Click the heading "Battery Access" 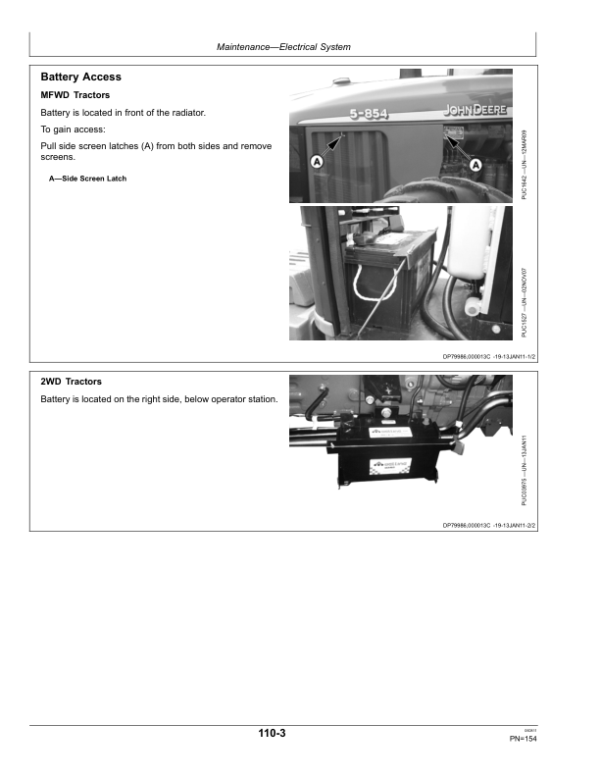[81, 76]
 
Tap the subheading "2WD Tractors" [72, 382]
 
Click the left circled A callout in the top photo [318, 160]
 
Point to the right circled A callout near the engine [475, 165]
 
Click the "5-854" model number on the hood [365, 115]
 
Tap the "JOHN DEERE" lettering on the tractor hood [475, 109]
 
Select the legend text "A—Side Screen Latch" [87, 179]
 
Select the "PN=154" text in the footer [524, 739]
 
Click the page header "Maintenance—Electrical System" [283, 47]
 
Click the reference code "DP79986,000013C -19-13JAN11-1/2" [486, 358]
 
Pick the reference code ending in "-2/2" [486, 525]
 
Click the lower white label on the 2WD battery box [386, 467]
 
